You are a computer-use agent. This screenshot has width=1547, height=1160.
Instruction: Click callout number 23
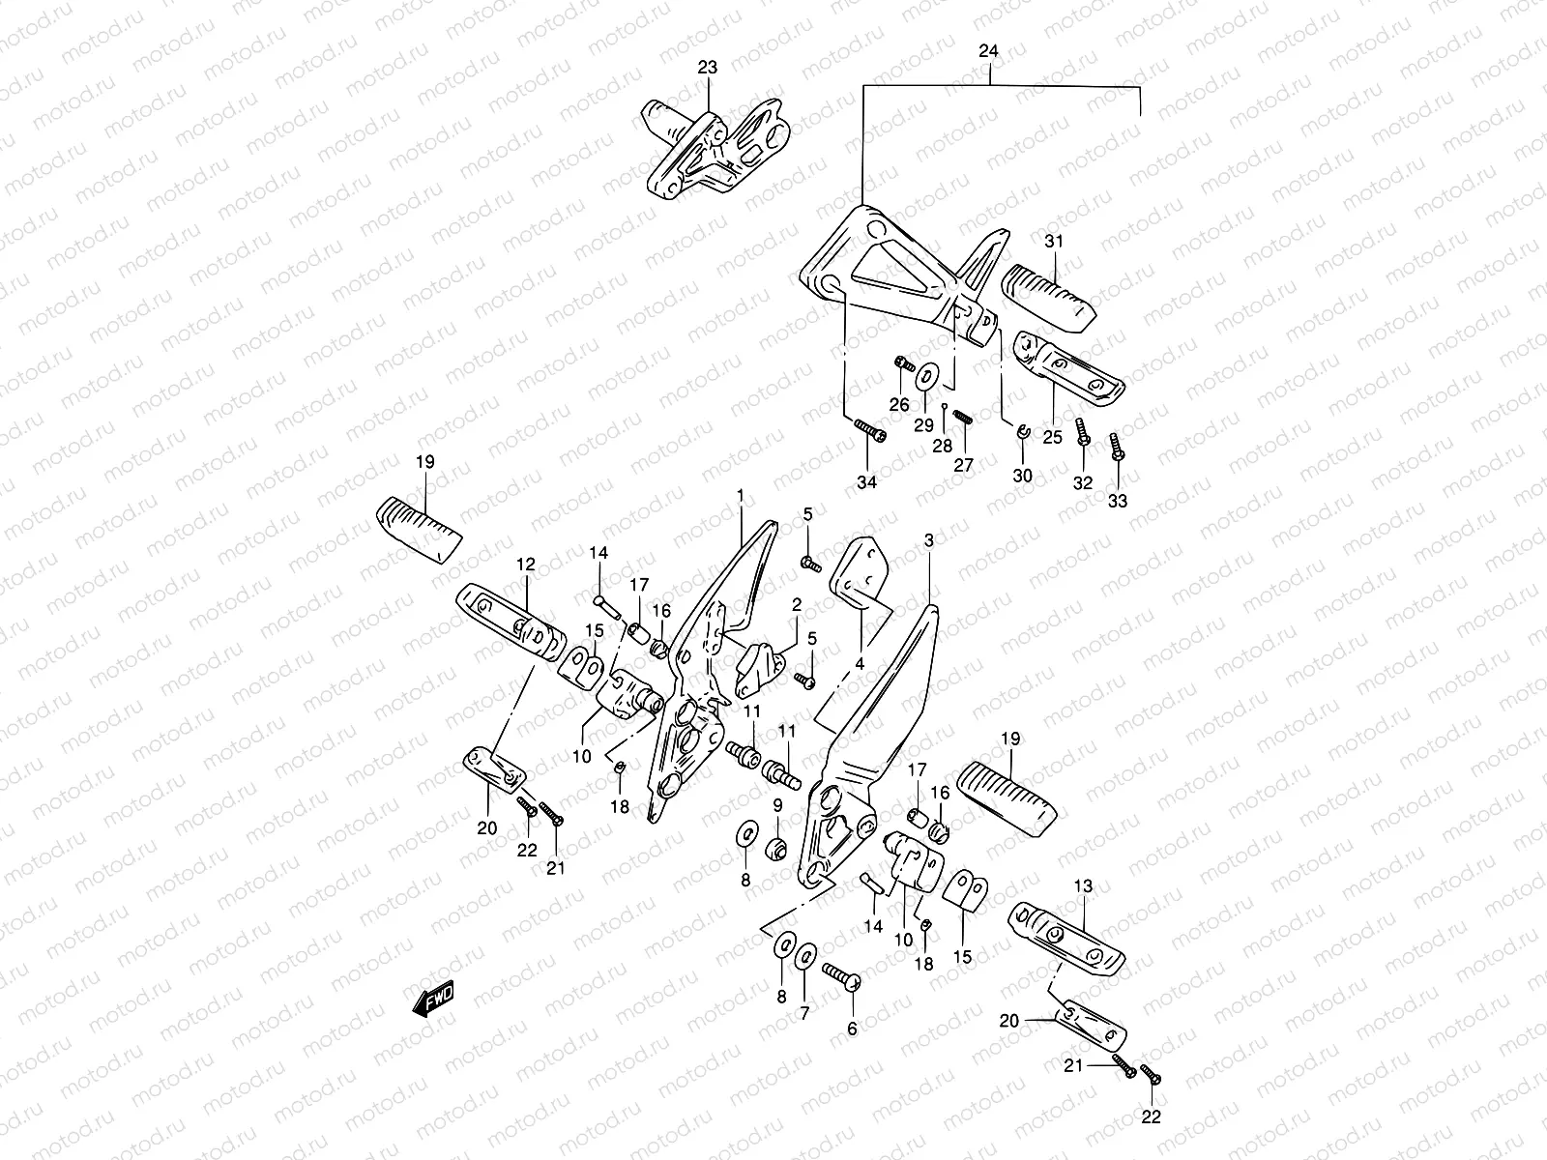point(708,68)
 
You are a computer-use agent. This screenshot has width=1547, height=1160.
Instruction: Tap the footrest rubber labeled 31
point(1049,294)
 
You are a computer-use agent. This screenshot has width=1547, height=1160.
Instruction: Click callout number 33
point(1118,501)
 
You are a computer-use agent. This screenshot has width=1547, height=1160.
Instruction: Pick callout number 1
point(740,496)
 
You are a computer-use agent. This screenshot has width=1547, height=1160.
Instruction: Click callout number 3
point(928,541)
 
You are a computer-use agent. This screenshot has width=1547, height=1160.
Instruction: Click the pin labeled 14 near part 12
point(606,607)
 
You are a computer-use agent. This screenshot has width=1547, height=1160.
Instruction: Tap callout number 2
point(797,604)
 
